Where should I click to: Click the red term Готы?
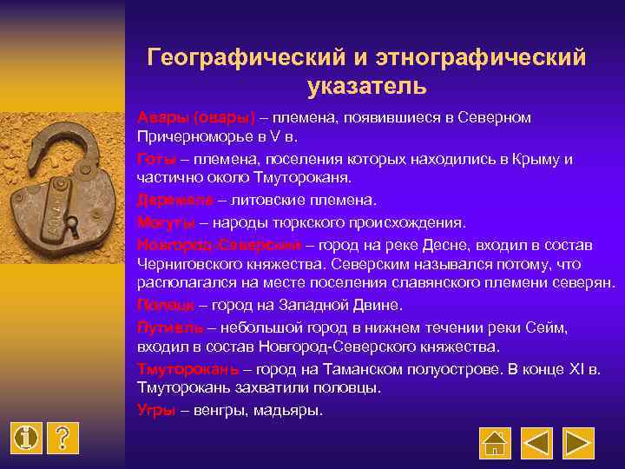point(155,159)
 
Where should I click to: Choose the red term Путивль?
point(170,327)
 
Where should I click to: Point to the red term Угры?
point(156,410)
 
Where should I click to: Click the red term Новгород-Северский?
point(219,242)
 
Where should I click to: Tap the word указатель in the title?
point(366,86)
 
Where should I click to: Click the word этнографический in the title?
point(480,57)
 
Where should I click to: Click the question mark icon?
point(62,438)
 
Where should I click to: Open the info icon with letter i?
point(28,438)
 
